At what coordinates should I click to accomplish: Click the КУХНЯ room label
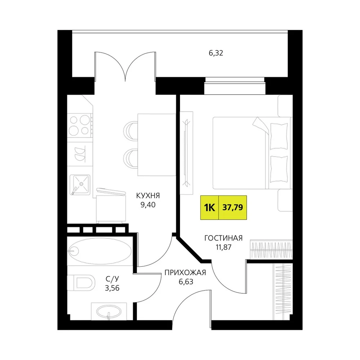[x=148, y=195]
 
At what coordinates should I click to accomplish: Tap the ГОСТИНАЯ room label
[x=224, y=238]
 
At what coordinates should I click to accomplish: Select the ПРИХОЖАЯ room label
[x=185, y=273]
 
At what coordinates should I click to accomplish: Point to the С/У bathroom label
[x=112, y=279]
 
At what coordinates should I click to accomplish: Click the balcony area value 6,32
[x=216, y=53]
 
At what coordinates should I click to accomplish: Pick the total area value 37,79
[x=233, y=207]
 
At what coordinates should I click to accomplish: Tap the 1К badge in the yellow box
[x=210, y=208]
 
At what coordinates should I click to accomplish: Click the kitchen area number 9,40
[x=148, y=204]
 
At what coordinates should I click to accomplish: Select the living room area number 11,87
[x=224, y=247]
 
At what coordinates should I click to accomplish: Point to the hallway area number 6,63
[x=186, y=282]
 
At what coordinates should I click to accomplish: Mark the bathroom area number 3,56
[x=112, y=288]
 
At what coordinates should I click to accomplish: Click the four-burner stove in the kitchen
[x=80, y=125]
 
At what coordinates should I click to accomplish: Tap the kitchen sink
[x=80, y=185]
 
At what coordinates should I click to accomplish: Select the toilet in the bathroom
[x=81, y=282]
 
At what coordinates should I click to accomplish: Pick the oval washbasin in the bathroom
[x=108, y=312]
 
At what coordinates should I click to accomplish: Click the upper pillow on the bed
[x=279, y=136]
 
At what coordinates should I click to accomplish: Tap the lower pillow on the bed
[x=279, y=169]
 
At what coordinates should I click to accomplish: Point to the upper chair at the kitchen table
[x=130, y=131]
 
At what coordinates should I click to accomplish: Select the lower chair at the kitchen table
[x=130, y=158]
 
